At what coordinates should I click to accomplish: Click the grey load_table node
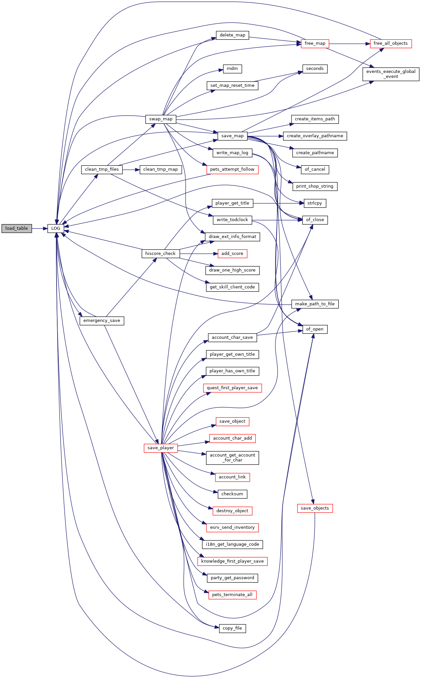click(x=17, y=228)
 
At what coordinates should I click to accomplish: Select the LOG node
click(x=56, y=228)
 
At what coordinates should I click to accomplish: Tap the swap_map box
click(x=161, y=119)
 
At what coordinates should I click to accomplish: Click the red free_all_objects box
click(x=391, y=43)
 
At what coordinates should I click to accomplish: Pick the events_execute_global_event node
click(x=391, y=74)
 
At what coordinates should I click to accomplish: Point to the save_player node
click(x=161, y=448)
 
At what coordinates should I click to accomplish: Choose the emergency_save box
click(x=102, y=321)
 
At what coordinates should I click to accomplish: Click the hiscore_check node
click(x=161, y=254)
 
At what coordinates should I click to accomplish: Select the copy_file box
click(x=232, y=628)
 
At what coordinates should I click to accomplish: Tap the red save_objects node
click(x=314, y=508)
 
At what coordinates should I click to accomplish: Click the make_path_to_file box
click(x=315, y=304)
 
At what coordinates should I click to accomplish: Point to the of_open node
click(x=315, y=329)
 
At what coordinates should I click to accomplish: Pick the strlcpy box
click(x=315, y=203)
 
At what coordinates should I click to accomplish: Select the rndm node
click(x=232, y=69)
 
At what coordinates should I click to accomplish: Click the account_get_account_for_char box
click(x=232, y=458)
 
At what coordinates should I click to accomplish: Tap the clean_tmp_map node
click(x=161, y=169)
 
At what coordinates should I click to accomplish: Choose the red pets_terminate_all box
click(x=232, y=594)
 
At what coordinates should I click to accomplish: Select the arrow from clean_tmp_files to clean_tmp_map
click(x=131, y=169)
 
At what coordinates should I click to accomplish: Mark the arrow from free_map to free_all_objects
click(x=349, y=43)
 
